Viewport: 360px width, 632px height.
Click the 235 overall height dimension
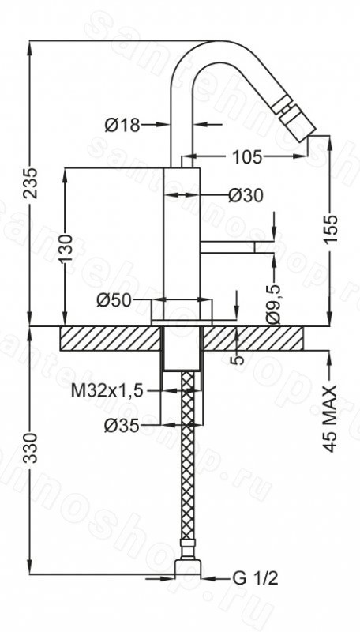click(32, 182)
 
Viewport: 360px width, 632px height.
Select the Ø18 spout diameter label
click(122, 126)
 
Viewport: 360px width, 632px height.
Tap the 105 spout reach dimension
click(246, 156)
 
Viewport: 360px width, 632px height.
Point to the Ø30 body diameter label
click(246, 196)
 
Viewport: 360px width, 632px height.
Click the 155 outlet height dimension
click(330, 229)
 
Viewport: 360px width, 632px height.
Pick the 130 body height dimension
click(67, 248)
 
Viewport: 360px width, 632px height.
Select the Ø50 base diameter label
click(114, 300)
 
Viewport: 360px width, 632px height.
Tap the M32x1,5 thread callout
click(107, 390)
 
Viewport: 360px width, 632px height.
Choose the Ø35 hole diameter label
click(122, 425)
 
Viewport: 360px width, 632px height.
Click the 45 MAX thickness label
click(330, 419)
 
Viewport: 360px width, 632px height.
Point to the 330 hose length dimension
click(32, 447)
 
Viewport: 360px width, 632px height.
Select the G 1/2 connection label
click(255, 579)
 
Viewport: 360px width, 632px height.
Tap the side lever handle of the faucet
click(227, 247)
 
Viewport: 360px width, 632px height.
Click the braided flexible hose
click(188, 460)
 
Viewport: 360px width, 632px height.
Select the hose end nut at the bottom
click(188, 567)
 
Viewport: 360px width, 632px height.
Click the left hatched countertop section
click(110, 338)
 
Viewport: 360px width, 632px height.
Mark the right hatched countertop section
click(253, 338)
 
